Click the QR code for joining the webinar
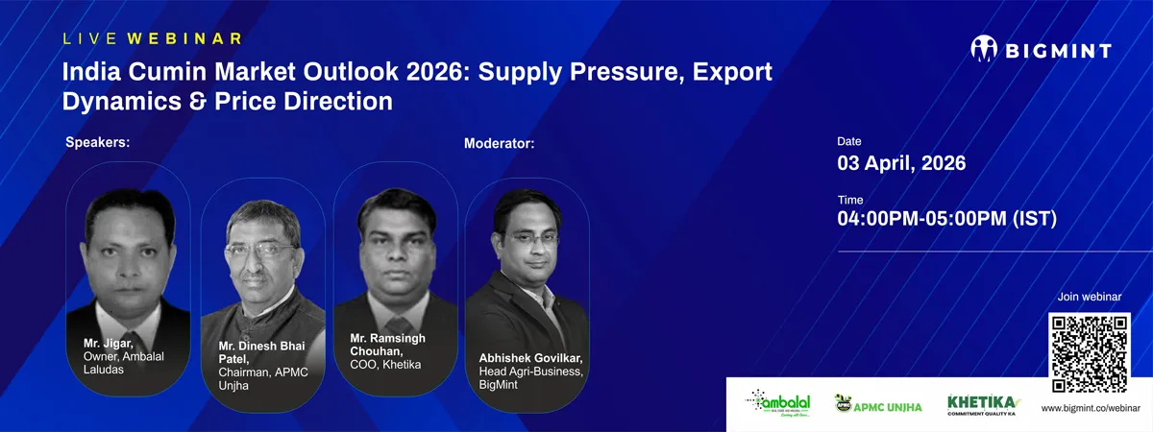tap(1090, 353)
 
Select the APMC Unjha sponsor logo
tap(877, 404)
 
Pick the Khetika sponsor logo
tap(982, 404)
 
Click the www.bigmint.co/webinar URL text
tap(1090, 409)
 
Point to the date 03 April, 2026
tap(901, 163)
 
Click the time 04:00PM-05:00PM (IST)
tap(946, 219)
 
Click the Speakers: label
tap(97, 143)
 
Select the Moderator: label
tap(499, 144)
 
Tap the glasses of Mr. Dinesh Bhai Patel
tap(261, 250)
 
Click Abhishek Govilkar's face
tap(524, 238)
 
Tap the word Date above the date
tap(849, 141)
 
